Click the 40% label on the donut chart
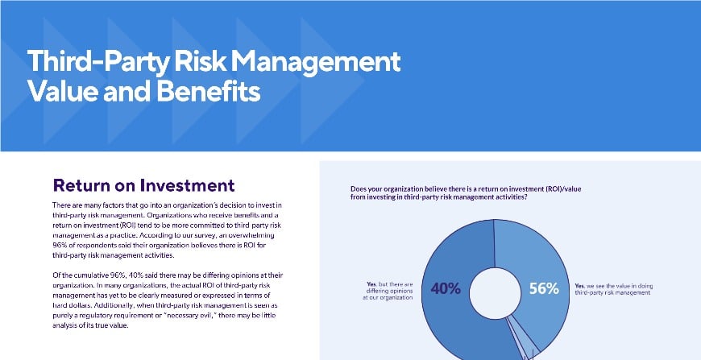pyautogui.click(x=445, y=289)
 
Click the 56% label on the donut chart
pyautogui.click(x=542, y=289)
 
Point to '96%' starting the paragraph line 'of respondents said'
pyautogui.click(x=60, y=246)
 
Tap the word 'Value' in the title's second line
pyautogui.click(x=59, y=91)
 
